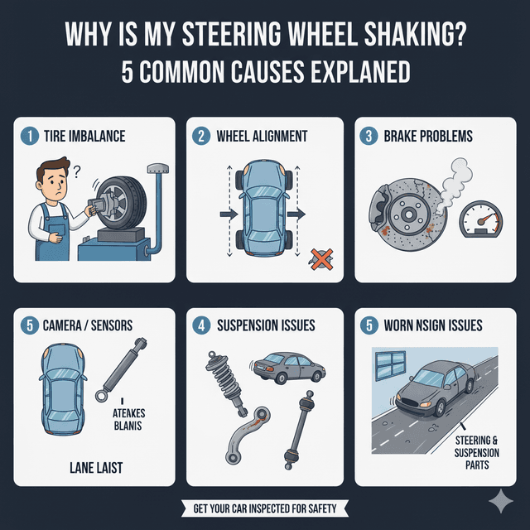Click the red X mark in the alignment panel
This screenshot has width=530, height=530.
click(318, 259)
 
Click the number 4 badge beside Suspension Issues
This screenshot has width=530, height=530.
click(201, 325)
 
